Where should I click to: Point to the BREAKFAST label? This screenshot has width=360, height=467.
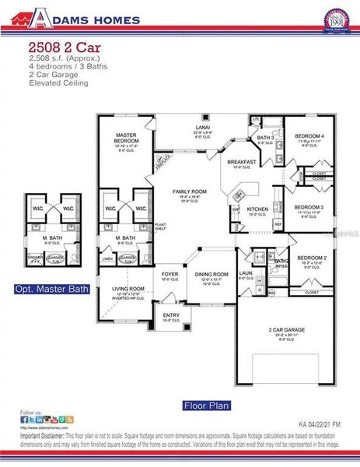click(241, 162)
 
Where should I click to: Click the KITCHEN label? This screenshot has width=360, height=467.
click(257, 209)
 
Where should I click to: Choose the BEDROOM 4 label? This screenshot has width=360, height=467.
click(309, 136)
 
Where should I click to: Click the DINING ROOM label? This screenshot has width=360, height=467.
click(211, 274)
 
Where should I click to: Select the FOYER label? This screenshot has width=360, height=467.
click(170, 274)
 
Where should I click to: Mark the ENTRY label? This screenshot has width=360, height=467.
click(171, 316)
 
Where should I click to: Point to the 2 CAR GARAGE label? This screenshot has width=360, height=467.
click(286, 330)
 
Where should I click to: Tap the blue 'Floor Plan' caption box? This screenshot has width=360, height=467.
click(204, 405)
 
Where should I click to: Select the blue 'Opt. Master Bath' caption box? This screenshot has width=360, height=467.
click(51, 289)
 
